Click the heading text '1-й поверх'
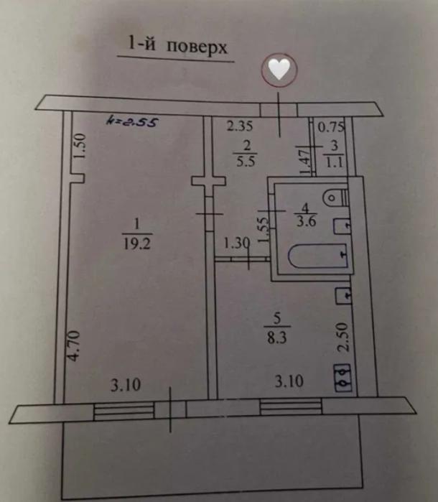click(x=177, y=48)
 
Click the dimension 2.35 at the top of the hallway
click(x=241, y=128)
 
